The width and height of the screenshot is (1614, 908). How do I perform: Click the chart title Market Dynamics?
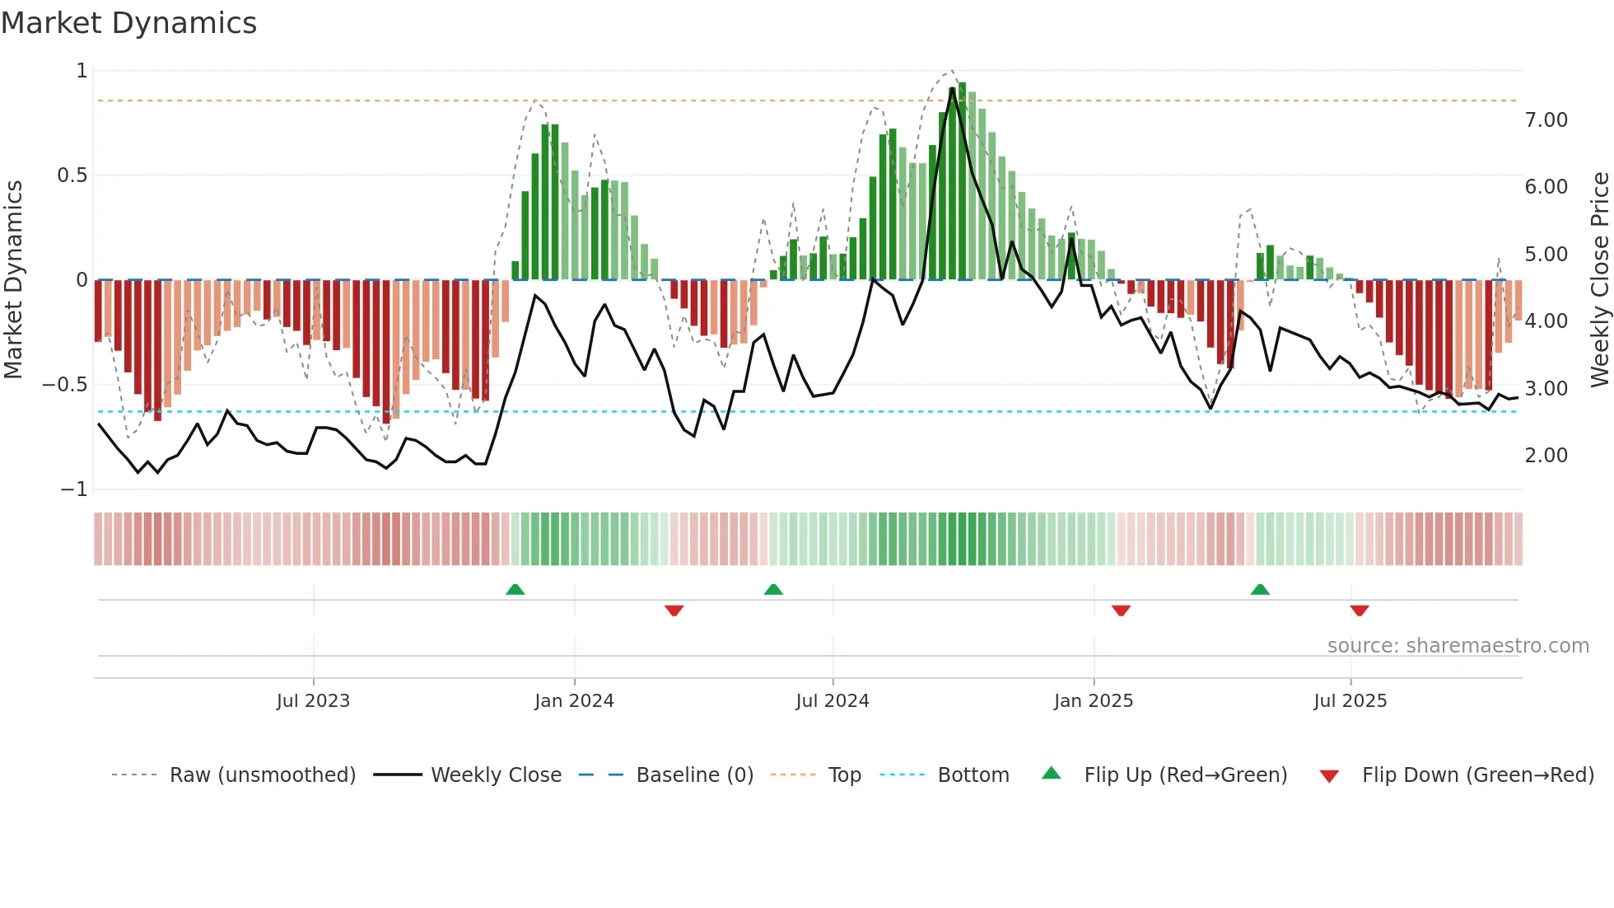[x=128, y=23]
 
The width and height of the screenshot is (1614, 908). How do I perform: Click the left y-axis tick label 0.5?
[x=72, y=176]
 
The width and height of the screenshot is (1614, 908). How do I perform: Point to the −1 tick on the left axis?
[x=74, y=489]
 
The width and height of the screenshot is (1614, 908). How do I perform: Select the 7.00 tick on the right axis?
[x=1546, y=120]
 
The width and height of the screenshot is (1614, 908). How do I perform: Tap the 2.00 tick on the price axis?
[x=1546, y=456]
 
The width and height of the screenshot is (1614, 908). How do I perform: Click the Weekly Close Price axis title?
[x=1599, y=279]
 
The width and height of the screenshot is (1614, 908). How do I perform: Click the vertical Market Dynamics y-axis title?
[x=13, y=279]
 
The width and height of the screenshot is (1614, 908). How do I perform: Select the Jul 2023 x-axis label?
[x=313, y=701]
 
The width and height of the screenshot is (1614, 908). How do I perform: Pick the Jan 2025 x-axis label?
[x=1093, y=701]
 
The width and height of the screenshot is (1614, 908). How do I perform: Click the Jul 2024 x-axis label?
[x=832, y=701]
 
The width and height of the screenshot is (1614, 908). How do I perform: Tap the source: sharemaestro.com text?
[x=1458, y=646]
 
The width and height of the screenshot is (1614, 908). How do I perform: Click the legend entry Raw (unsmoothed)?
[x=262, y=775]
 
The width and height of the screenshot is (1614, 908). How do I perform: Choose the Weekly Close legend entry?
[x=496, y=775]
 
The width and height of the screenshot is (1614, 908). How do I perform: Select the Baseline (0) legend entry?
[x=694, y=775]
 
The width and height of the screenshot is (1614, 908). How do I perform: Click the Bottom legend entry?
[x=973, y=775]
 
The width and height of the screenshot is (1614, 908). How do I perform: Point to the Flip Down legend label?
[x=1477, y=775]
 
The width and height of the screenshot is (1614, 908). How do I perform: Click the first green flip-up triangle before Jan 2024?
[x=515, y=589]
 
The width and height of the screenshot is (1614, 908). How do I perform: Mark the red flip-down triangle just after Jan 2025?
[x=1121, y=611]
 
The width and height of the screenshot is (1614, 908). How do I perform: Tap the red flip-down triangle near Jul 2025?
[x=1360, y=611]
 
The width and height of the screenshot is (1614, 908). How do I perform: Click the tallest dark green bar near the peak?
[x=962, y=181]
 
